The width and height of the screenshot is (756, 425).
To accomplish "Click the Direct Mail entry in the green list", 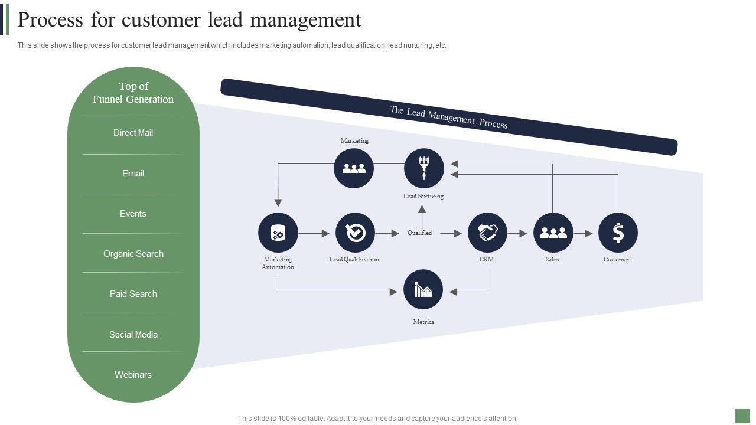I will pos(133,133).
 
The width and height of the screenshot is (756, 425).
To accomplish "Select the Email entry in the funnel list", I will pos(133,174).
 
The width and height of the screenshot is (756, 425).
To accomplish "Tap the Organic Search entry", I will pos(133,254).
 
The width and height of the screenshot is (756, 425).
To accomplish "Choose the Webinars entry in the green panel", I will pos(133,375).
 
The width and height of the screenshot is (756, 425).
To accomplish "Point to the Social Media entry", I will pos(133,335).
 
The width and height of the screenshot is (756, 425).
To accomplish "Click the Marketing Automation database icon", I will pos(278,233).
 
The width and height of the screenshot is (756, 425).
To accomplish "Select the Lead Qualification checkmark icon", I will pos(355,233).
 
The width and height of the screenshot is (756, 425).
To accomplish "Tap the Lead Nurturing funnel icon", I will pos(423,168).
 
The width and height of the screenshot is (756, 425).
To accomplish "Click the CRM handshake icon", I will pos(487,233).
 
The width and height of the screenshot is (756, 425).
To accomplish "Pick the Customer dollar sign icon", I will pos(618,233).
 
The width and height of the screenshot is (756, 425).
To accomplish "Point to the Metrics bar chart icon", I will pos(423,289).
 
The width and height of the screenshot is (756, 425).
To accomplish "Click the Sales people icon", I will pos(553,233).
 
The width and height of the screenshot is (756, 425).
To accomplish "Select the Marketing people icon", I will pos(354,168).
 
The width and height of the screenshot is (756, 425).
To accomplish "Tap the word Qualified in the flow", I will pos(419,233).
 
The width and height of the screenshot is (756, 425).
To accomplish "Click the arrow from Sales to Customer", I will pos(583,234).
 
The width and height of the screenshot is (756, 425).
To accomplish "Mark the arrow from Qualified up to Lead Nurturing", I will pos(422,216).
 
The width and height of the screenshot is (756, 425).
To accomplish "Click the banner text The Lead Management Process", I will pos(448,117).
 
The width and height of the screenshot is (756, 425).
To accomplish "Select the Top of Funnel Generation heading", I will pos(133,93).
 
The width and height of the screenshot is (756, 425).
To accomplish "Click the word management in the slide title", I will pos(305,20).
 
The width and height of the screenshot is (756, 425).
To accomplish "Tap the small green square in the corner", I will pos(742,416).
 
